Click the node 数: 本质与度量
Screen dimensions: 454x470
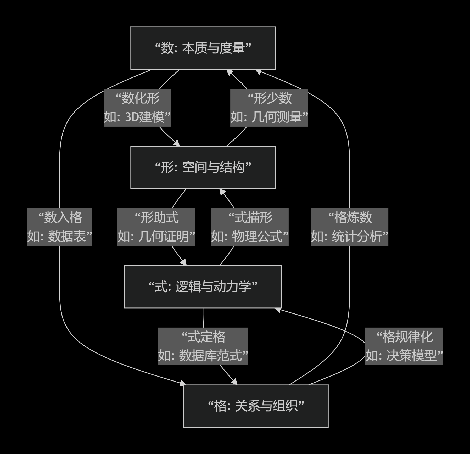click(x=203, y=48)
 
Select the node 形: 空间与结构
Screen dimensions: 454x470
click(x=203, y=167)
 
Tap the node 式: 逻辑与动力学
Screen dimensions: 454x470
click(x=203, y=287)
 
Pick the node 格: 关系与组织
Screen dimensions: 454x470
click(x=256, y=406)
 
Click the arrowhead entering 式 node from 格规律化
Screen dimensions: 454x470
click(x=277, y=310)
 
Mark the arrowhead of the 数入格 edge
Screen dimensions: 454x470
click(x=183, y=383)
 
